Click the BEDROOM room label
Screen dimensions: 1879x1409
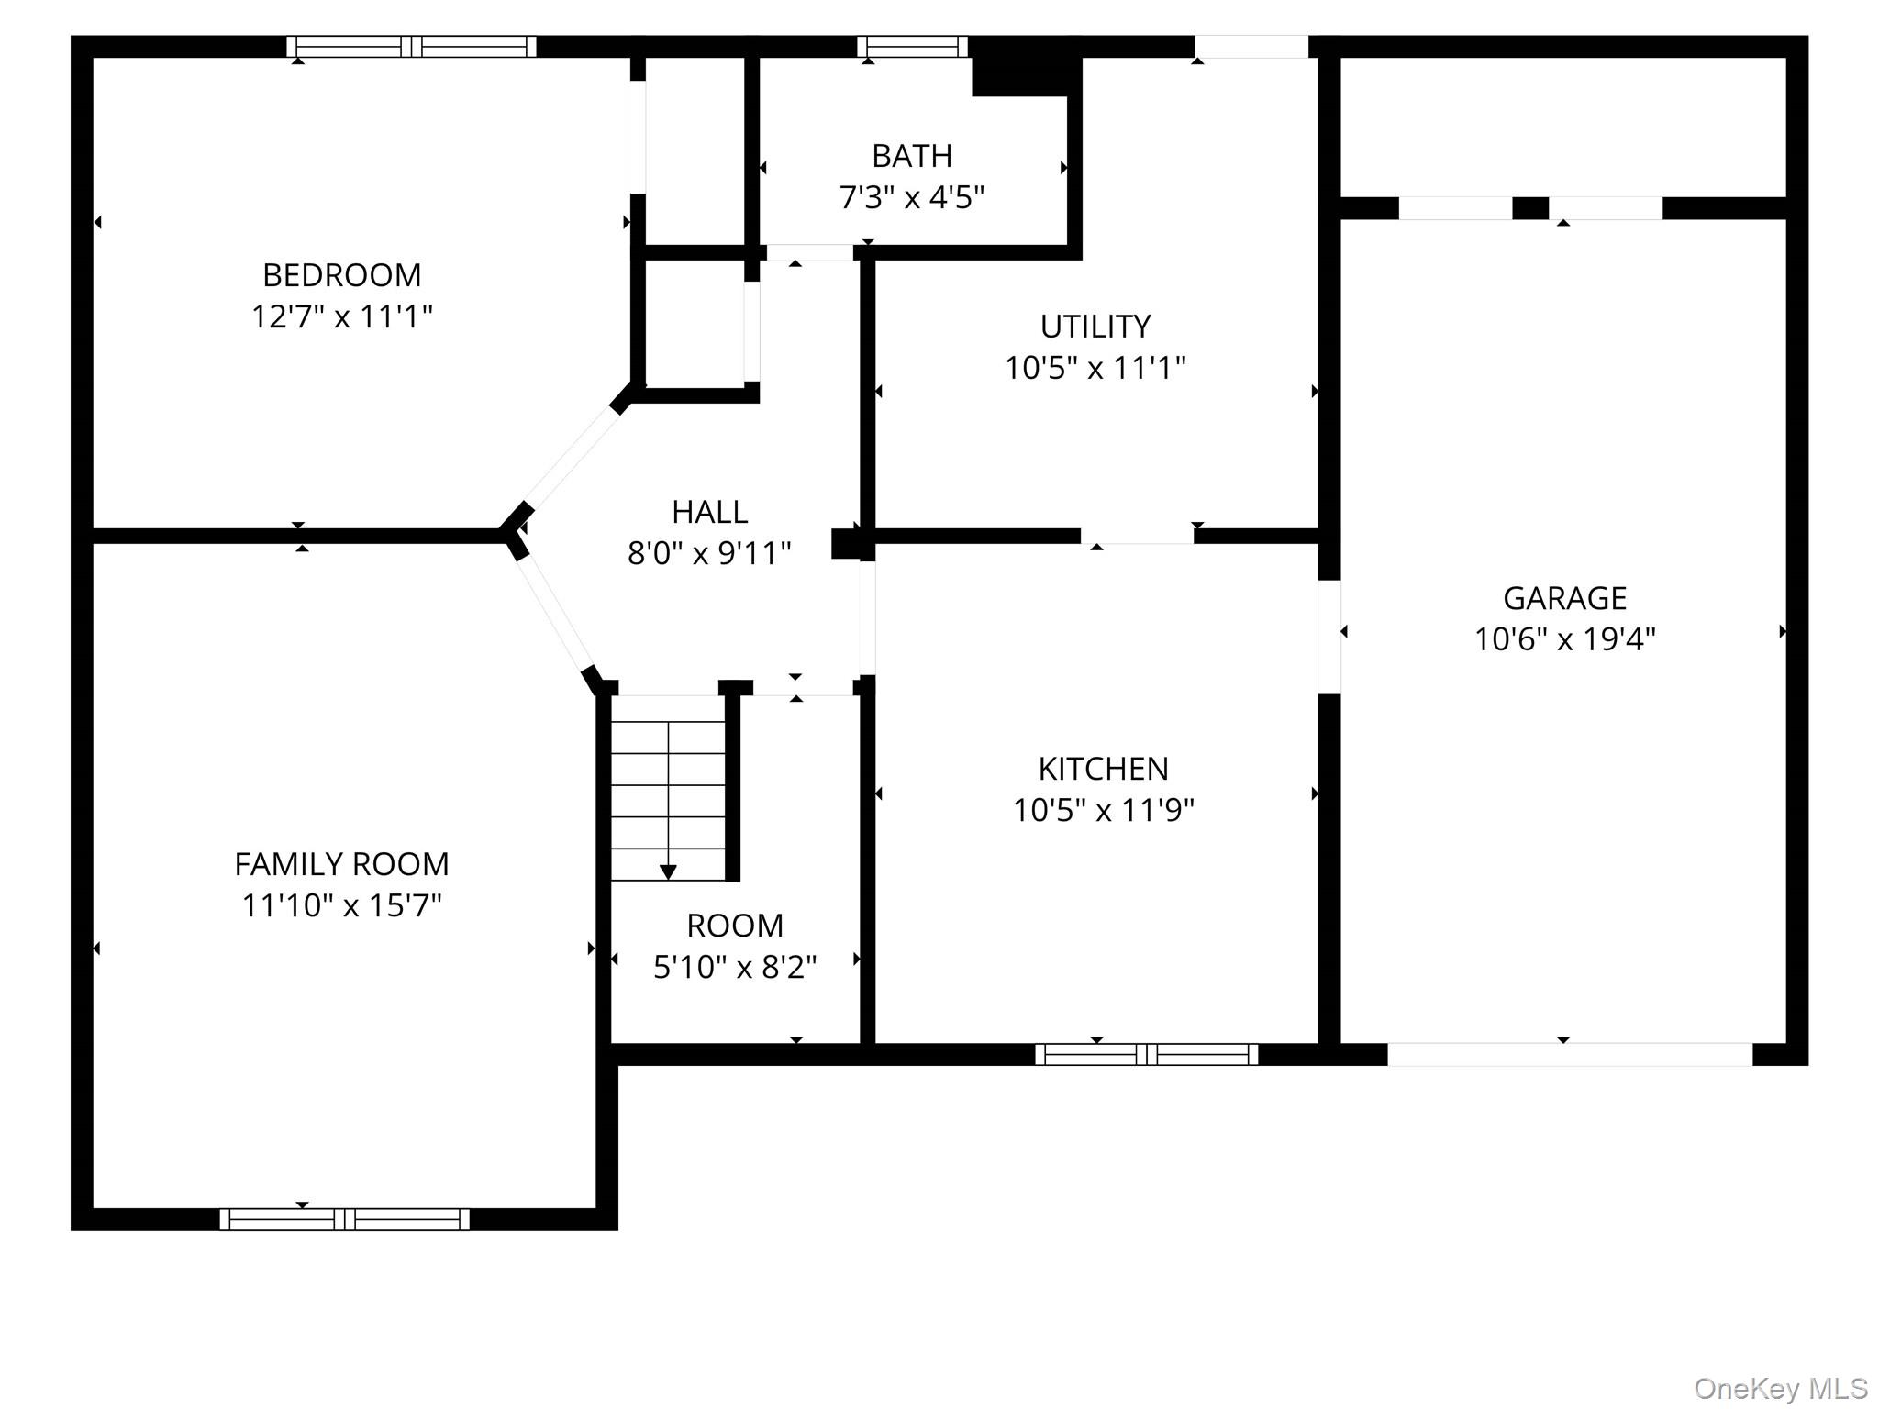click(x=342, y=275)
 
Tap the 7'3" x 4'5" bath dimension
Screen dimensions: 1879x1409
click(x=912, y=197)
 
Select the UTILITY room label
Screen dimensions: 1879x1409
click(x=1095, y=327)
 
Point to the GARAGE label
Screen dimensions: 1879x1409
click(x=1565, y=598)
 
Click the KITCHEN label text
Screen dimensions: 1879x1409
click(x=1104, y=769)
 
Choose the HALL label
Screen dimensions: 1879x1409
click(x=710, y=512)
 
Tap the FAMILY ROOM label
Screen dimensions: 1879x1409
click(x=342, y=864)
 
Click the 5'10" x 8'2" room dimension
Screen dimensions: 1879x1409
click(x=735, y=967)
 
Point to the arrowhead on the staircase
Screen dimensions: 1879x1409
click(x=669, y=871)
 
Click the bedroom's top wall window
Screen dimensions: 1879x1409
click(x=412, y=47)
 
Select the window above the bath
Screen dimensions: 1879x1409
click(x=913, y=47)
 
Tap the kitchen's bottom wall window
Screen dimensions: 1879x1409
click(x=1147, y=1055)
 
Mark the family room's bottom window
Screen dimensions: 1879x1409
click(x=345, y=1219)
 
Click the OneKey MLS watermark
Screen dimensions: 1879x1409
click(x=1782, y=1389)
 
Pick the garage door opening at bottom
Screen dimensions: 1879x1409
click(x=1570, y=1055)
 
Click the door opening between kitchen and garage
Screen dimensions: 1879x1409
click(x=1329, y=637)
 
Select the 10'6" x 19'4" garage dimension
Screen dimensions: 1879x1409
click(x=1565, y=639)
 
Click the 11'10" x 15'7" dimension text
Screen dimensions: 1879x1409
click(x=342, y=906)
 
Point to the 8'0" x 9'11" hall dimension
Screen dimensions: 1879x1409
click(x=710, y=554)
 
